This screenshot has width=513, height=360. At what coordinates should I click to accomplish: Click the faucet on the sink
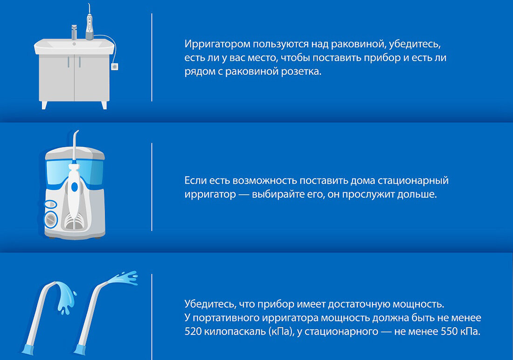74,32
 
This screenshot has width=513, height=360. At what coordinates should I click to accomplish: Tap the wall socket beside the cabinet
115,66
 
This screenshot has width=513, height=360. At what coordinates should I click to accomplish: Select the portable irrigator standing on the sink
90,22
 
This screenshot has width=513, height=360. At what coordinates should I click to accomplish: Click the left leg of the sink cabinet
44,105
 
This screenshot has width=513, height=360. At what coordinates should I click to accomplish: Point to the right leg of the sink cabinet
104,105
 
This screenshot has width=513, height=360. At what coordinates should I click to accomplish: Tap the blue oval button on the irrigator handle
75,187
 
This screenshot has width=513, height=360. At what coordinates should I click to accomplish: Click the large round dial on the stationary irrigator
51,219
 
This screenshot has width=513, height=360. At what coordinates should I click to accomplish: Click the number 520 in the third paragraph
193,332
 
